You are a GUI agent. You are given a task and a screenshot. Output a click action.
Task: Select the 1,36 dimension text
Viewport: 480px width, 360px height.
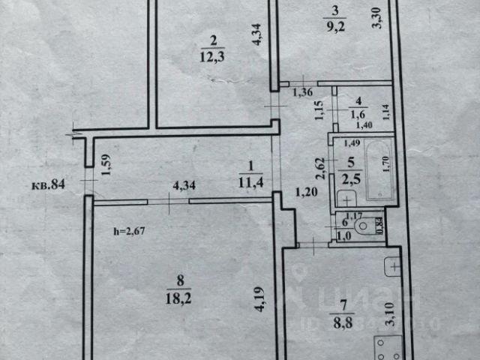pyautogui.click(x=302, y=93)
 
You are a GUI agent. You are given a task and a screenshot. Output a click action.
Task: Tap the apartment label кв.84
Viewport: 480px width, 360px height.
pyautogui.click(x=48, y=183)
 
